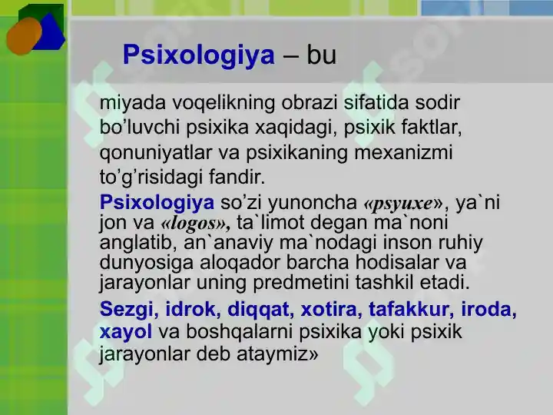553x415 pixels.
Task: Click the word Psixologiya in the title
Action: [198, 55]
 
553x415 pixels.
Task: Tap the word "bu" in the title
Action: [321, 55]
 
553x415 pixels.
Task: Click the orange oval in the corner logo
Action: [24, 35]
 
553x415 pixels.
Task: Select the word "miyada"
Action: [127, 103]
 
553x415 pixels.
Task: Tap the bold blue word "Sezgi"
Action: [126, 309]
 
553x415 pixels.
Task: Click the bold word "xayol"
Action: [126, 332]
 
